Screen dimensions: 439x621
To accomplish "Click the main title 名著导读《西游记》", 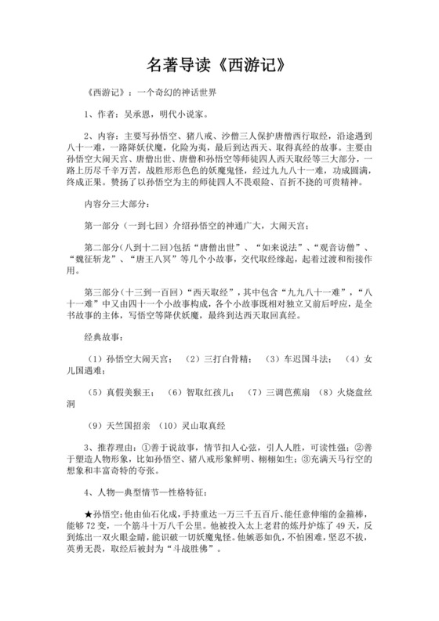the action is (x=219, y=62).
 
